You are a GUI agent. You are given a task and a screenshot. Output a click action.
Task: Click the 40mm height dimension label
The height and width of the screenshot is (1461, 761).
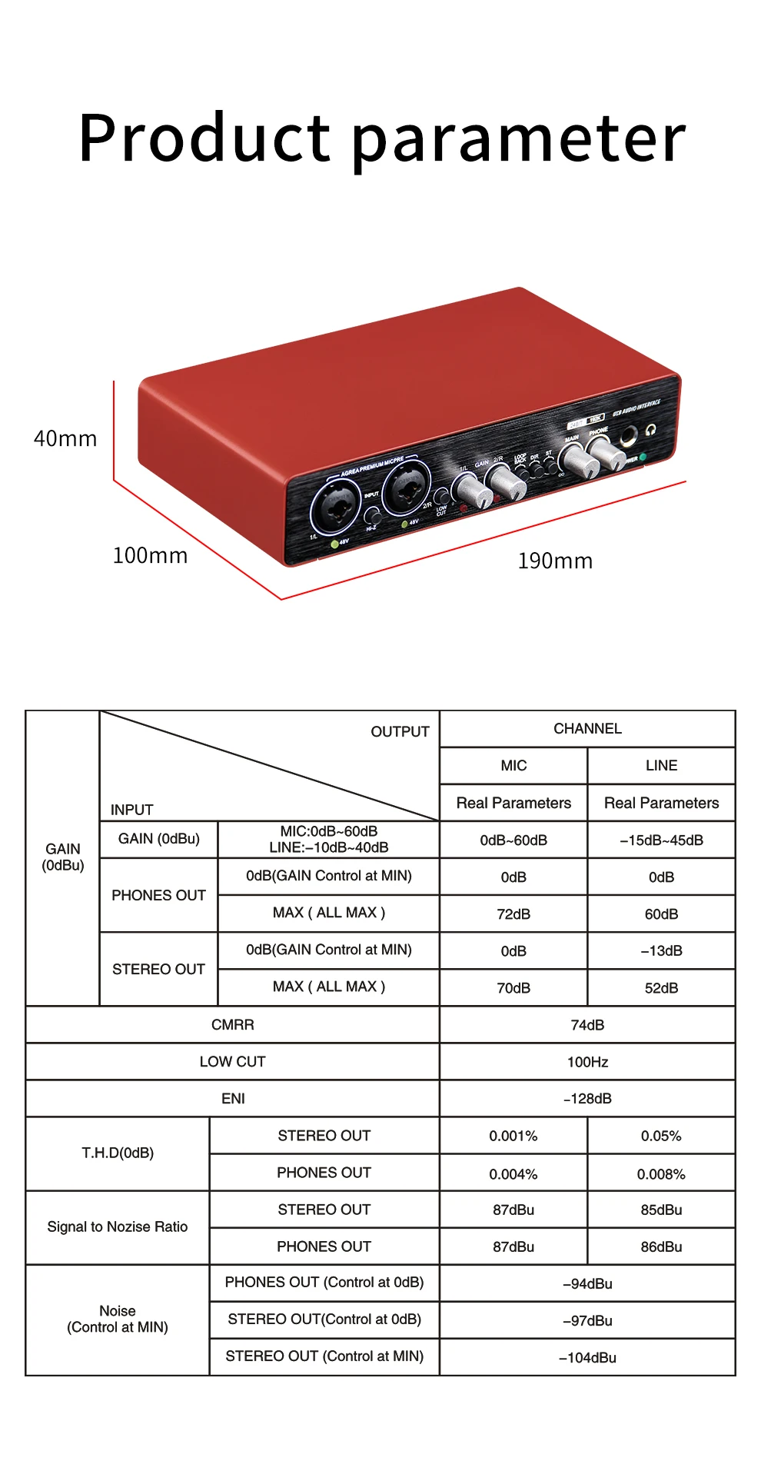65,439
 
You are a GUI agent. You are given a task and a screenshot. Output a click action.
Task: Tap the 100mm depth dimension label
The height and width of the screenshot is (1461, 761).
150,555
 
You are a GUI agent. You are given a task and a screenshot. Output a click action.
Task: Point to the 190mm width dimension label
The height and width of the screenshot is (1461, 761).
555,561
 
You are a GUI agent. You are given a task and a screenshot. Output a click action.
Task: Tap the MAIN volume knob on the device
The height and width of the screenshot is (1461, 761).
579,460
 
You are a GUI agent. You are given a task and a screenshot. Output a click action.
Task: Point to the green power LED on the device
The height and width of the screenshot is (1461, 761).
643,457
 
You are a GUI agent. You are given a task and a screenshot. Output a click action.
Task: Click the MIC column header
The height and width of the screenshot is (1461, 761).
513,766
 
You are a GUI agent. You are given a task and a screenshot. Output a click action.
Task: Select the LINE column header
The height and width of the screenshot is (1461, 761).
661,766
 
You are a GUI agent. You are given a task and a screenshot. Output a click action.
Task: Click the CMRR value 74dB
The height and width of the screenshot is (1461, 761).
587,1025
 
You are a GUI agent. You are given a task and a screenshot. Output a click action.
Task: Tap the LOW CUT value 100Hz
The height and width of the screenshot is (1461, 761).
587,1062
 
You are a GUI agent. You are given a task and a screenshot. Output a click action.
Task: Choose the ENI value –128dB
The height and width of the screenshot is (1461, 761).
587,1099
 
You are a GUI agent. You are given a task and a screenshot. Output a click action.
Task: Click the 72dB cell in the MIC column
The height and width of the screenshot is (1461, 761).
513,914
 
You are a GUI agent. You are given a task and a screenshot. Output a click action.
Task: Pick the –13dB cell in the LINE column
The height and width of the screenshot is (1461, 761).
661,951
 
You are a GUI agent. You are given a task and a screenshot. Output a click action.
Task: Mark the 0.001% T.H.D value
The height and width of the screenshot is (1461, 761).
513,1136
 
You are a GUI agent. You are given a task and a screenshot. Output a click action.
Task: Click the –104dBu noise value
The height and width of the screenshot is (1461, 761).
587,1358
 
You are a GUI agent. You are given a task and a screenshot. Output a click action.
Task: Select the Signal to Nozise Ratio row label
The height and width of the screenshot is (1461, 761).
118,1226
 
